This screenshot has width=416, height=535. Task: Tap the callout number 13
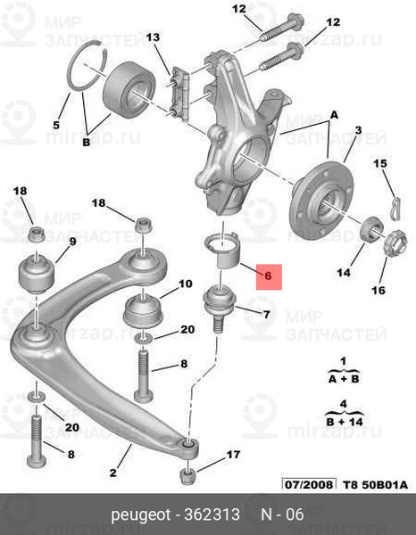[x=153, y=37]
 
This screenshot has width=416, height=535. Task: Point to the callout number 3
[x=357, y=131]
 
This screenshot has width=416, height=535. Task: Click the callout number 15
[x=379, y=163]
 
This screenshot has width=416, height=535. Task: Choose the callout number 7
[x=265, y=315]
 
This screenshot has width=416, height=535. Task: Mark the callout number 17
[x=233, y=455]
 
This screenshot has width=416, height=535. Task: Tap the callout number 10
[x=185, y=284]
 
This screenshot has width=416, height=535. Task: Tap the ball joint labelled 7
[x=216, y=308]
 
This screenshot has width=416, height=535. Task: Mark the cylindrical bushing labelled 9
[x=37, y=270]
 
